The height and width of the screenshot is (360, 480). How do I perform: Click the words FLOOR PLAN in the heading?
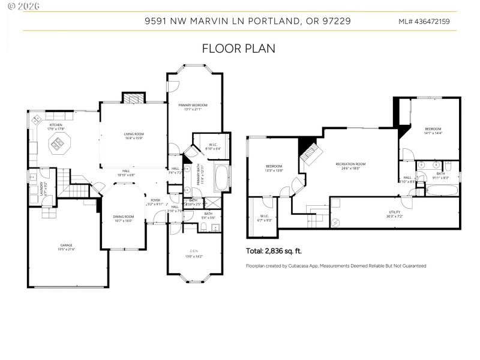click(238, 49)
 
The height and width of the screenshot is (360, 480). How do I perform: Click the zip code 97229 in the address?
click(337, 21)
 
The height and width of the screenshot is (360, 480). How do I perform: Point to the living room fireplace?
click(133, 98)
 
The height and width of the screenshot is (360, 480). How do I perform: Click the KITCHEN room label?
click(56, 125)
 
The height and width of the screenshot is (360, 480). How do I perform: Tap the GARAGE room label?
click(67, 245)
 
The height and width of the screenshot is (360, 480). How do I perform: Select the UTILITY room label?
click(394, 211)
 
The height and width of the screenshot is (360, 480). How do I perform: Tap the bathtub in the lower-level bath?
click(442, 191)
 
